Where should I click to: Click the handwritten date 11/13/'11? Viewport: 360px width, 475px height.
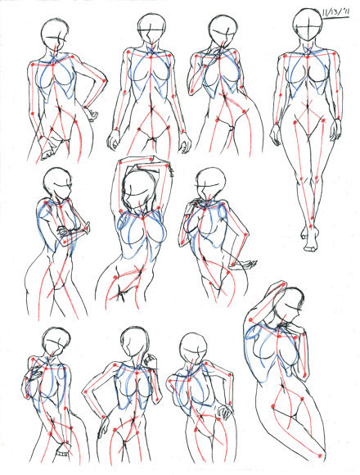pyautogui.click(x=335, y=13)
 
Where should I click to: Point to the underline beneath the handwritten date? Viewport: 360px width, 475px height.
pyautogui.click(x=335, y=19)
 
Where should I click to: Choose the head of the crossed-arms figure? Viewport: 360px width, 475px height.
pyautogui.click(x=58, y=183)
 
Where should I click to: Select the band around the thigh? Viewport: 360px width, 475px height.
pyautogui.click(x=64, y=454)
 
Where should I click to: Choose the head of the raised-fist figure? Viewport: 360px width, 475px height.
pyautogui.click(x=134, y=342)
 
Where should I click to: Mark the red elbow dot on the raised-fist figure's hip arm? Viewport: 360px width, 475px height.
pyautogui.click(x=85, y=392)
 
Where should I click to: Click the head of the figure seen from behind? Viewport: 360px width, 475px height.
pyautogui.click(x=194, y=347)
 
